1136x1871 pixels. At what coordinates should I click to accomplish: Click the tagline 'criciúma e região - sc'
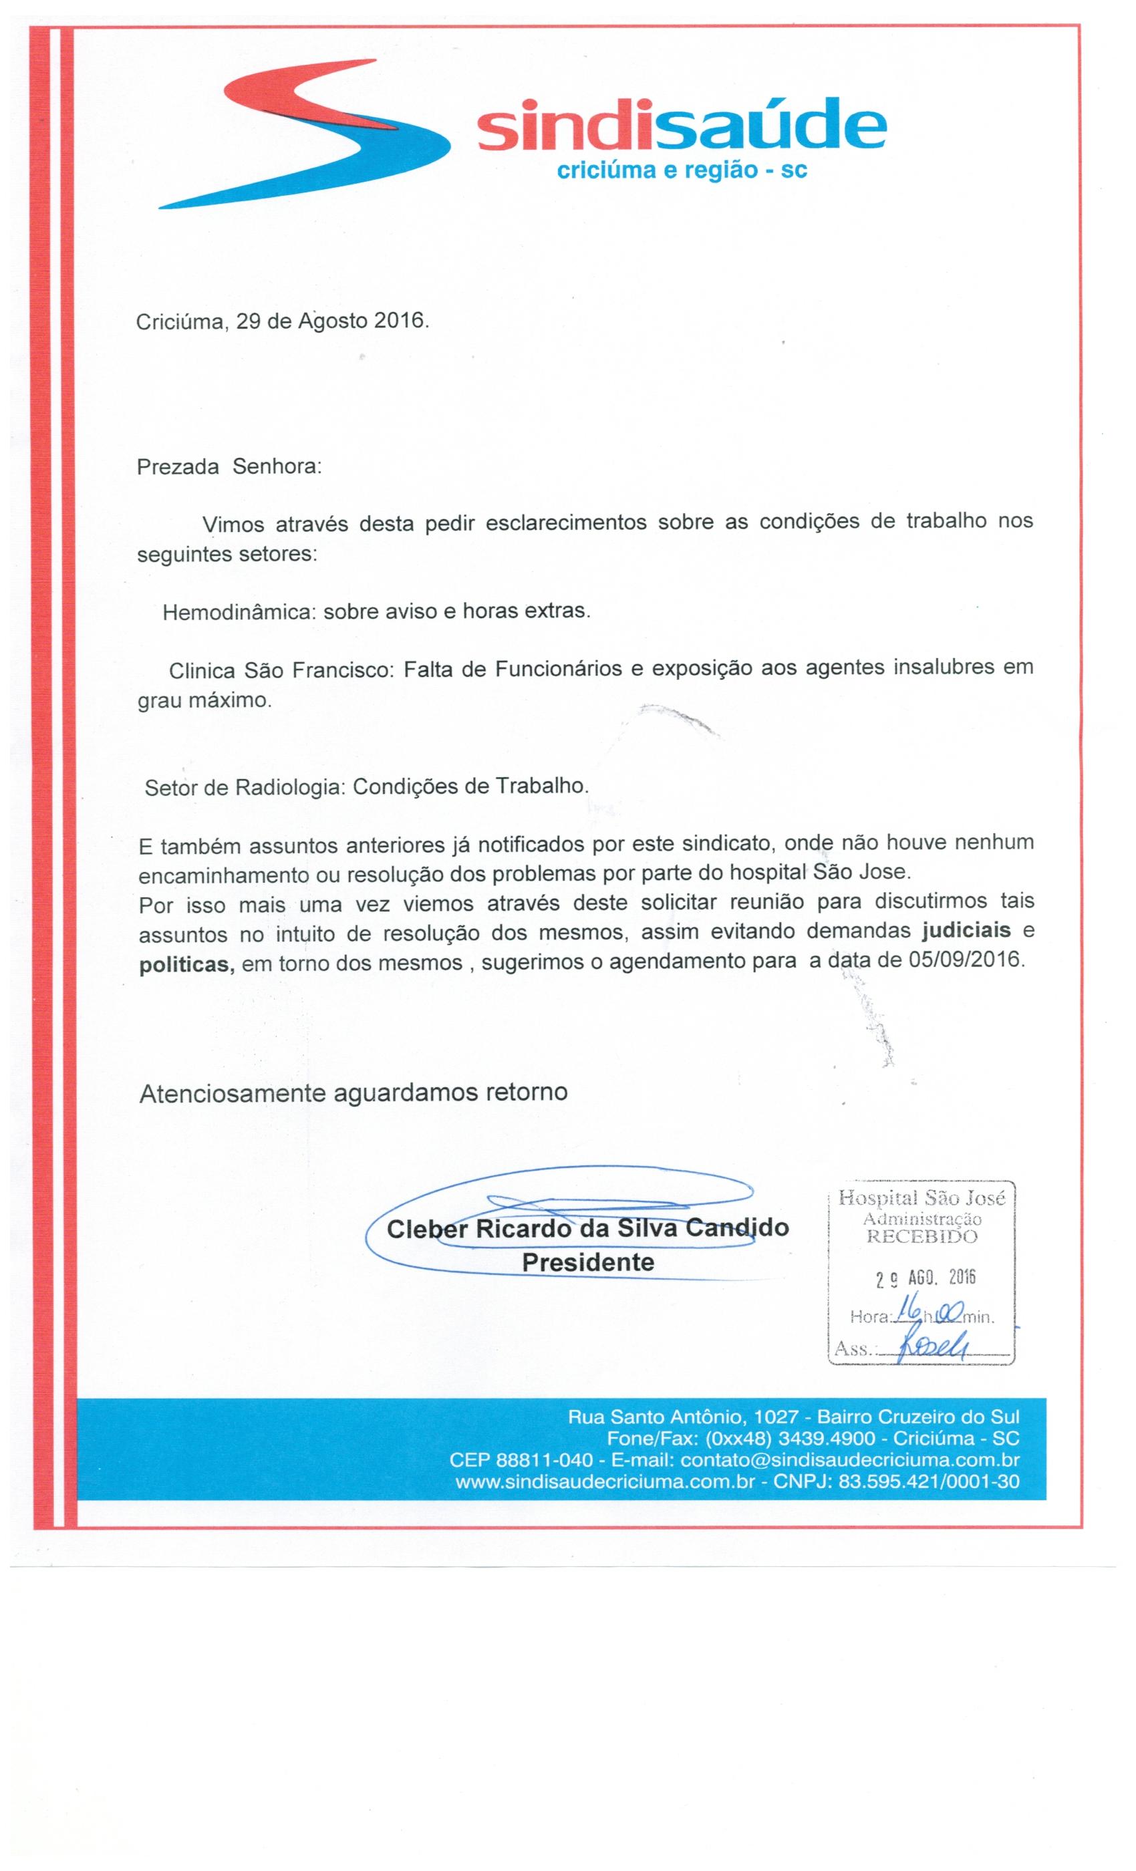[x=681, y=171]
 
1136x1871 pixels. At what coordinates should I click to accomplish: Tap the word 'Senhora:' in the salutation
[x=277, y=466]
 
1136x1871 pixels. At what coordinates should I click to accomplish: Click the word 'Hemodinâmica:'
[x=239, y=612]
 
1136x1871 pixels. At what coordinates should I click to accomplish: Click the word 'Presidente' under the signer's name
[x=588, y=1263]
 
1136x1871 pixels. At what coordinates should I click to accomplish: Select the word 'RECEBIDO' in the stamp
[x=923, y=1237]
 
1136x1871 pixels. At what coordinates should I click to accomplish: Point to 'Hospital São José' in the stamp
[x=922, y=1199]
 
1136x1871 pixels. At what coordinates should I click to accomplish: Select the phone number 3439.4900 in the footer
[x=826, y=1438]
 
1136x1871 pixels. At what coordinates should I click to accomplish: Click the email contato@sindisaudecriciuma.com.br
[x=850, y=1460]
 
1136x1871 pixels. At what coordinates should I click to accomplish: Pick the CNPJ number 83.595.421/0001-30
[x=929, y=1481]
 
